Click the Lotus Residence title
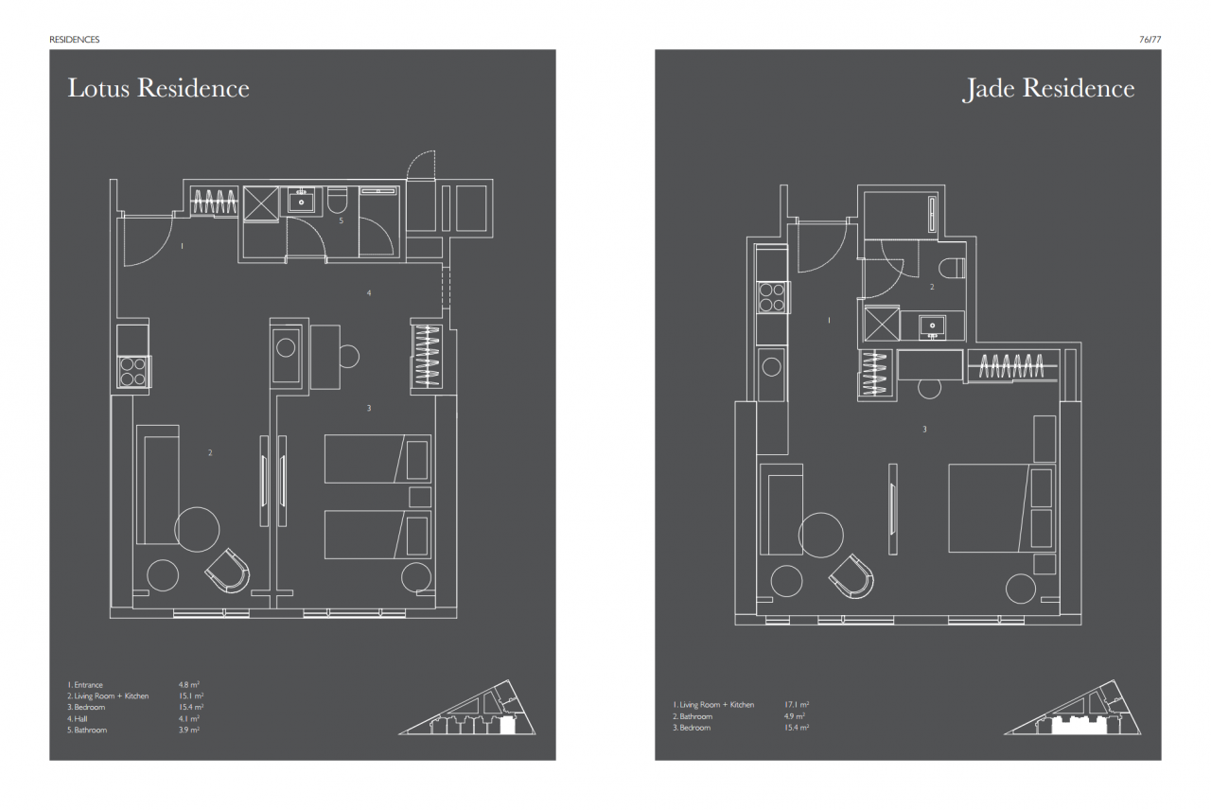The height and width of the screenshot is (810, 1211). tap(158, 88)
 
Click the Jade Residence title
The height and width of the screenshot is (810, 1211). tap(1047, 89)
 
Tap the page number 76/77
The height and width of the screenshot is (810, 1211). tap(1150, 40)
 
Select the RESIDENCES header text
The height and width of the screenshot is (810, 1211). tap(75, 40)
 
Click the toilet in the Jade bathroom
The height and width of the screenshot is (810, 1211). tap(952, 268)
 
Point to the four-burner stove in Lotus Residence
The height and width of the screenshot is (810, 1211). tap(133, 372)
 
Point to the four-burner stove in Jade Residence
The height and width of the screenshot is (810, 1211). tap(772, 297)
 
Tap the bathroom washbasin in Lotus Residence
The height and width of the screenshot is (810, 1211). tap(302, 201)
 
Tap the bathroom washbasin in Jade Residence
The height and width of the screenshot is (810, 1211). tap(932, 326)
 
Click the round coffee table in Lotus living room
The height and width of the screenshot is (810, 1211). tap(197, 529)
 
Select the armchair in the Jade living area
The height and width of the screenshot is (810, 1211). tap(852, 576)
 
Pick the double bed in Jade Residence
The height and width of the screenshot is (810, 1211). tap(1002, 508)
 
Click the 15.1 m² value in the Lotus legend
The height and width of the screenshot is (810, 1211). tap(191, 696)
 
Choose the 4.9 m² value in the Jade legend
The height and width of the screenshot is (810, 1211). tap(795, 716)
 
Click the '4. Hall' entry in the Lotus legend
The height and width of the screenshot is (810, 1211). tap(78, 718)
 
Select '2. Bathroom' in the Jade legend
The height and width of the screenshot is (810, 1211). tap(693, 716)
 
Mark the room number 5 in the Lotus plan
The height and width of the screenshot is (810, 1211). tap(342, 220)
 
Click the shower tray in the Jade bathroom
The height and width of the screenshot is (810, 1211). tap(882, 324)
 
